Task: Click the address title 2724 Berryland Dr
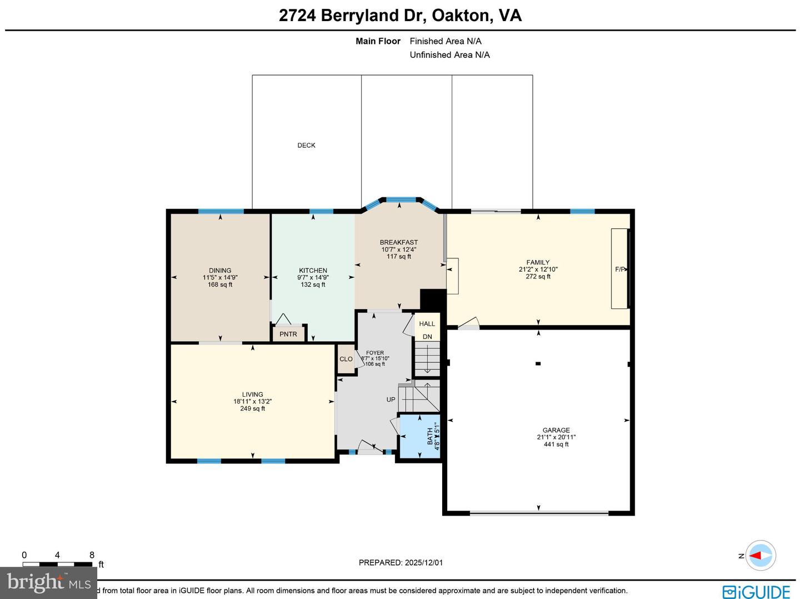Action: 399,15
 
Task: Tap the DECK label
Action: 306,146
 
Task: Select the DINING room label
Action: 220,271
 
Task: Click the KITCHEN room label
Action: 313,271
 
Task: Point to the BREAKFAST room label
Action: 398,242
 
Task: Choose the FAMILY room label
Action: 538,262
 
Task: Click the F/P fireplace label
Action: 620,269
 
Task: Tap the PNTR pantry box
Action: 288,334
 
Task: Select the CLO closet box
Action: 346,359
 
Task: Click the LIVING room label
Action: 252,395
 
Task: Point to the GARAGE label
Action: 556,430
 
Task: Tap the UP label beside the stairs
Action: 391,400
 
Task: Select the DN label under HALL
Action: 427,337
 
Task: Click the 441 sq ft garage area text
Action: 556,445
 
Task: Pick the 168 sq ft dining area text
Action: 220,284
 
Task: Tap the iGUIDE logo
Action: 756,591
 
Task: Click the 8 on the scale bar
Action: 92,555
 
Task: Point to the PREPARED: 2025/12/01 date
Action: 401,562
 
